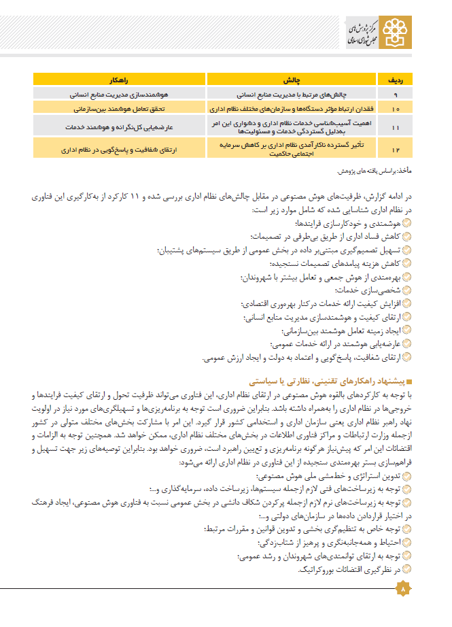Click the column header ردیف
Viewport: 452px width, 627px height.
pos(396,79)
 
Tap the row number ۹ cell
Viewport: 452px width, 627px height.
pos(396,93)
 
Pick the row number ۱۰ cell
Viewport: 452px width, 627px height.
pos(396,108)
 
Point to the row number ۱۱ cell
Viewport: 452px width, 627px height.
pos(396,126)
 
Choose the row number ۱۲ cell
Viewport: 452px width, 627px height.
pos(396,148)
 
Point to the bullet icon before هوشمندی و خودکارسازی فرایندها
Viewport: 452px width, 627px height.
pos(406,223)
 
